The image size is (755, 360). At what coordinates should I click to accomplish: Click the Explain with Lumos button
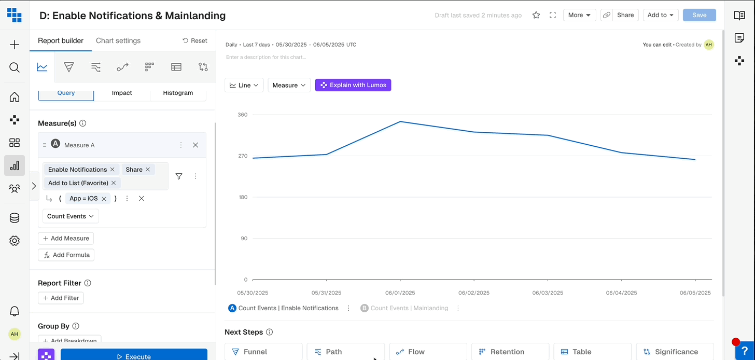coord(353,85)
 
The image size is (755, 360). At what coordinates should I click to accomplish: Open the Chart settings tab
coord(118,40)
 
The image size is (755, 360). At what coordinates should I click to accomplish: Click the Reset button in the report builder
coord(195,40)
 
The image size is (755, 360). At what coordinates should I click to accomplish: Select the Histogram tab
coord(178,93)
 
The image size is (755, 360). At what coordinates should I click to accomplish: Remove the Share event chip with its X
coord(148,170)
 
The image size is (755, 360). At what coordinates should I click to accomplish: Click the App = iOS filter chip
coord(83,199)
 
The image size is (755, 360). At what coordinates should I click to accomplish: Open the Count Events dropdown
coord(71,216)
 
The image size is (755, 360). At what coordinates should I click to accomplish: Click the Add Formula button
coord(66,255)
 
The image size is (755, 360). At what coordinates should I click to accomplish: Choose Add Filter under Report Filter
coord(61,298)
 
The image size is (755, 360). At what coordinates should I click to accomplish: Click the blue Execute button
coord(134,356)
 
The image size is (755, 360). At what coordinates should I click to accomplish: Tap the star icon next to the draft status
coord(536,15)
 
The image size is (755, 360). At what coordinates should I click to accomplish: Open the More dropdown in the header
coord(579,15)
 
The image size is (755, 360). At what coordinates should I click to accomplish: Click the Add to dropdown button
coord(661,15)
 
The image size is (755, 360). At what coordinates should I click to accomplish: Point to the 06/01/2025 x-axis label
coord(400,293)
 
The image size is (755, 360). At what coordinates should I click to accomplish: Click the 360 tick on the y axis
coord(243,115)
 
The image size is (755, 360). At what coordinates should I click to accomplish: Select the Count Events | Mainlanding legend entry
coord(409,308)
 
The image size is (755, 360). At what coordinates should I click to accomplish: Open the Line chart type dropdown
coord(244,85)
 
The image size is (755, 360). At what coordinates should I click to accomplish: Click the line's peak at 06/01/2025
coord(400,121)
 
